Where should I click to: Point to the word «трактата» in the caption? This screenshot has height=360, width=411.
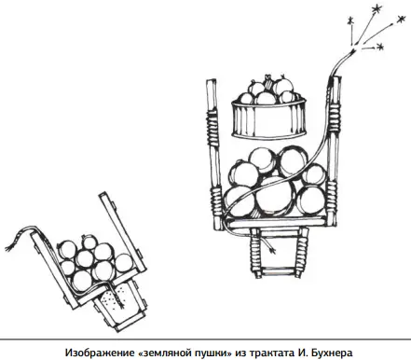268,353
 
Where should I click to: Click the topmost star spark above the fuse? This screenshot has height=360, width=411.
377,9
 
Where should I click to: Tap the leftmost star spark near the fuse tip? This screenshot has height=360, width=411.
350,21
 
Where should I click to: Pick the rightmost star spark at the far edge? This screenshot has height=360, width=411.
401,20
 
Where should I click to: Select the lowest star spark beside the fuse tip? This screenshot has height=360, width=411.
379,47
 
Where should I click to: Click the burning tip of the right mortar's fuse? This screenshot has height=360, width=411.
353,50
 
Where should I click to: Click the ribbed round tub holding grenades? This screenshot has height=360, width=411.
269,118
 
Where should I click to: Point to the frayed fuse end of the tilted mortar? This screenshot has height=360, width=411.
10,245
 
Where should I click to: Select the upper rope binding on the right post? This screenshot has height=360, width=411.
335,119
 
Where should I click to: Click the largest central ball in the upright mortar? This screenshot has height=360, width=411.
274,197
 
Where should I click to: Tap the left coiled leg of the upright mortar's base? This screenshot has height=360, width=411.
255,253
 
